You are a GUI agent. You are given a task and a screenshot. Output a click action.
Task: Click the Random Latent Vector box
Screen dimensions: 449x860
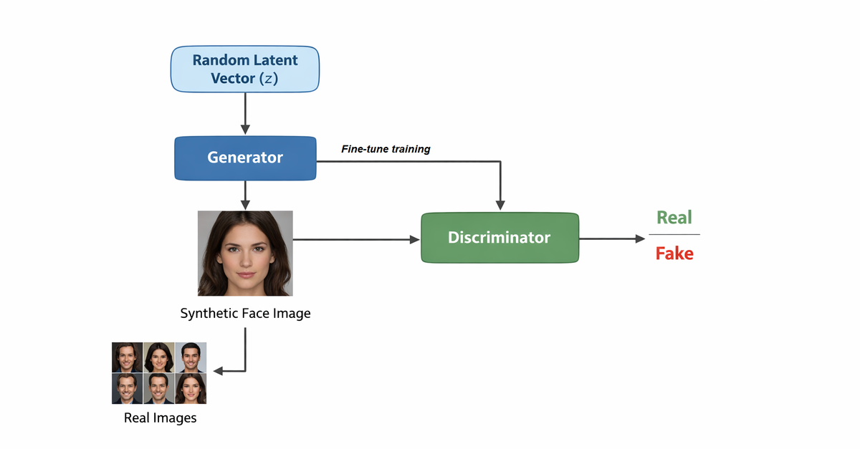244,69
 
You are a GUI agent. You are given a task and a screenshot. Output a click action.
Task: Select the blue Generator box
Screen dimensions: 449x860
244,158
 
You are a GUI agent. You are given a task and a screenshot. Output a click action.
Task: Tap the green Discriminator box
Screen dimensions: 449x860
500,238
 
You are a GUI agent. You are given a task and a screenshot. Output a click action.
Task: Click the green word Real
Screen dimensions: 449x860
674,217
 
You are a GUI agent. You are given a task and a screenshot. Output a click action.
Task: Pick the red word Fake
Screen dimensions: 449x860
674,253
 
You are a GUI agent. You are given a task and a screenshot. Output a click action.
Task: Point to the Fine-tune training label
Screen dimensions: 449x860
386,149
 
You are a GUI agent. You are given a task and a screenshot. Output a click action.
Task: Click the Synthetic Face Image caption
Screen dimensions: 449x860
245,314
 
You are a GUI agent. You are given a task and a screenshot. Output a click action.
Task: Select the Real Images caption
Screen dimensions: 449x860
160,417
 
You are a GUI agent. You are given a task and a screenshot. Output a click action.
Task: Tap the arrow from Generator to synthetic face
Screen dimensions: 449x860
245,195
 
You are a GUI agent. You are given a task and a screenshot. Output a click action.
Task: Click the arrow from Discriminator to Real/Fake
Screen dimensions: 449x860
612,239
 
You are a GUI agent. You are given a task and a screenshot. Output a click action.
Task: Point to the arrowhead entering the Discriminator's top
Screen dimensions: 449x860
500,207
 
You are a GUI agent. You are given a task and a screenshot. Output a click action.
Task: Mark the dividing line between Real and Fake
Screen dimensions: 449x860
674,234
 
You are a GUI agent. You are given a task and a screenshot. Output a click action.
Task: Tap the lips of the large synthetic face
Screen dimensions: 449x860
245,274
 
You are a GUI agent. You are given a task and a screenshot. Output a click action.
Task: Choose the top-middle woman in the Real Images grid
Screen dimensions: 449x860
159,357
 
